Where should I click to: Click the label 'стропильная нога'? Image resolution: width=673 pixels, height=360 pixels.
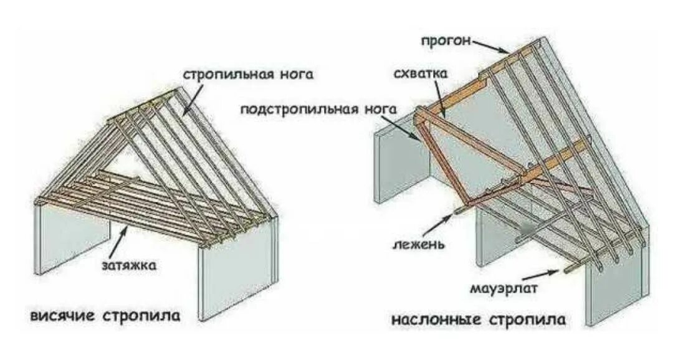click(x=247, y=75)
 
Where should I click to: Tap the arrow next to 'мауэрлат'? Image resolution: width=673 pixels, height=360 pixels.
click(x=540, y=274)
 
